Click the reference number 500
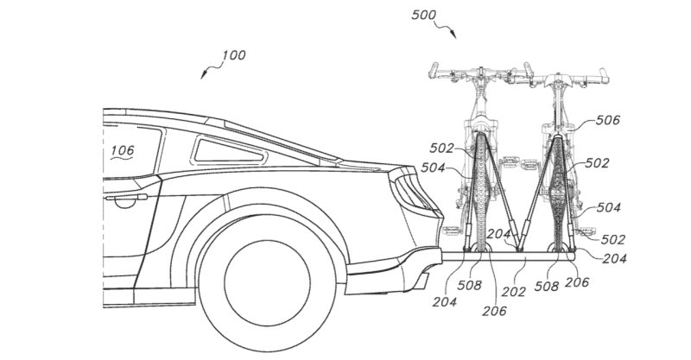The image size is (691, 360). click(423, 15)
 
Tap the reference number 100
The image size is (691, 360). click(233, 55)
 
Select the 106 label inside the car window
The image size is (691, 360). click(122, 151)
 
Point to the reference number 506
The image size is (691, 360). click(608, 120)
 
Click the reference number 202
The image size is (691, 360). click(513, 292)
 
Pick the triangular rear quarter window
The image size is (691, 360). click(229, 151)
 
